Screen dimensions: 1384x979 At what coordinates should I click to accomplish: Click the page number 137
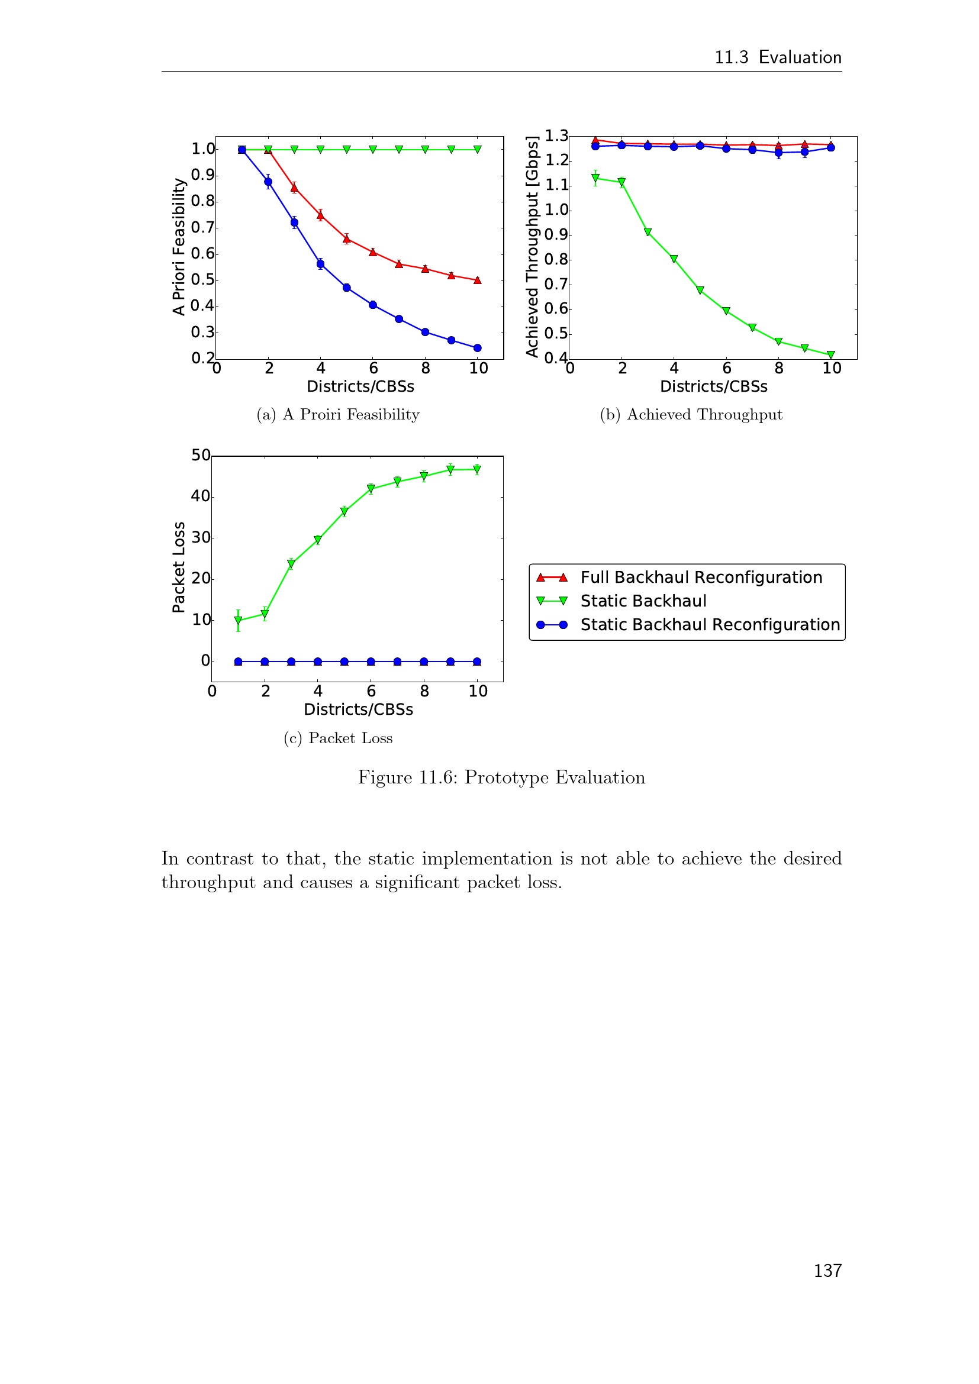(827, 1270)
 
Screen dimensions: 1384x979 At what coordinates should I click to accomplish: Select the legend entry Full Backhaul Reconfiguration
(700, 578)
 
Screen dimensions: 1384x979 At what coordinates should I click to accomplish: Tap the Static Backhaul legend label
(643, 601)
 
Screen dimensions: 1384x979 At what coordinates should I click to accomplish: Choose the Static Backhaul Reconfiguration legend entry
(710, 624)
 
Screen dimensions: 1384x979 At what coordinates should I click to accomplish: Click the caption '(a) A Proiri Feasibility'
(337, 415)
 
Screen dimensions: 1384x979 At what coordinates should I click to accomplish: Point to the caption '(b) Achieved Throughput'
(691, 415)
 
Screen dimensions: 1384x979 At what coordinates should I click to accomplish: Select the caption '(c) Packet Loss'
(337, 738)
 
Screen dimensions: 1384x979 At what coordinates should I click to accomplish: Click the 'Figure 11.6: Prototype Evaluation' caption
(501, 778)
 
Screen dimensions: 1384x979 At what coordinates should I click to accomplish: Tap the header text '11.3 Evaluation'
(778, 57)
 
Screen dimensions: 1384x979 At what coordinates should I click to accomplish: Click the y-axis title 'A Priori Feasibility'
(178, 247)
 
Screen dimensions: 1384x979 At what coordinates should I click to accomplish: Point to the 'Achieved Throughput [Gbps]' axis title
(532, 247)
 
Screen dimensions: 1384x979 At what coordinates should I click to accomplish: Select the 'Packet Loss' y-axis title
(178, 567)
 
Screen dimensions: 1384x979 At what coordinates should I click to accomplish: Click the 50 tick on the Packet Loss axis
(201, 455)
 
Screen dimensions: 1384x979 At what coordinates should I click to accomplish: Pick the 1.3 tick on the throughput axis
(556, 136)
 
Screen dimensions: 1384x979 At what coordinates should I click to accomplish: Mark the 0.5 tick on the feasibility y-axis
(202, 280)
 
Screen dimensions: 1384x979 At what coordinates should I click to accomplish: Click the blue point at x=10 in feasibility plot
(478, 348)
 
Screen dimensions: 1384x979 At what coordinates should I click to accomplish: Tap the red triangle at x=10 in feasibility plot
(478, 280)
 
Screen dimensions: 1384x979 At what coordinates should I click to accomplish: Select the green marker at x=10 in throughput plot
(830, 355)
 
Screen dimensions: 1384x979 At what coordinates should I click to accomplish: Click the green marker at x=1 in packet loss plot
(238, 620)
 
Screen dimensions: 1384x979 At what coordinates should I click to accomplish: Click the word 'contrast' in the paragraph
(220, 859)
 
